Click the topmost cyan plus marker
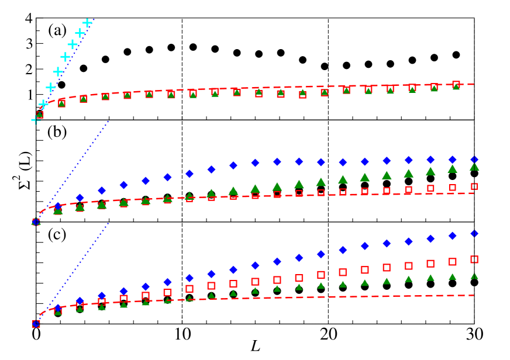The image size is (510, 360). click(87, 23)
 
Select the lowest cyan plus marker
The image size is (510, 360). click(36, 120)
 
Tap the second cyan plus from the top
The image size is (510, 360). click(80, 33)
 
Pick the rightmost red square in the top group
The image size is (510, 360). click(456, 85)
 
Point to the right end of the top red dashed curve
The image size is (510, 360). click(473, 84)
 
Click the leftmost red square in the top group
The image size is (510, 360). click(40, 115)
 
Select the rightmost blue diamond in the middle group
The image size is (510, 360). click(474, 160)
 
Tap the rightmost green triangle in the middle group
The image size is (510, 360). click(474, 167)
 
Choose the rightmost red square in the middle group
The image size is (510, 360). click(474, 186)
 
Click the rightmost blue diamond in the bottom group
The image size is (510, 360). click(474, 233)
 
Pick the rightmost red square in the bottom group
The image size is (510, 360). click(474, 259)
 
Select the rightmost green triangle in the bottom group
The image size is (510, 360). click(474, 276)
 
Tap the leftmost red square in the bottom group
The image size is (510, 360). click(36, 324)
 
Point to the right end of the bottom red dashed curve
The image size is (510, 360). click(473, 295)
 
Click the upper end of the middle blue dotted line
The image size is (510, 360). click(109, 121)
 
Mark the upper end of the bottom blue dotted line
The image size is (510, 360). click(109, 223)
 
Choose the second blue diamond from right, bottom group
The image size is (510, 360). click(452, 236)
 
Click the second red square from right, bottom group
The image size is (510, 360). click(452, 262)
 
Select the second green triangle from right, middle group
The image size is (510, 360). click(452, 168)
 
